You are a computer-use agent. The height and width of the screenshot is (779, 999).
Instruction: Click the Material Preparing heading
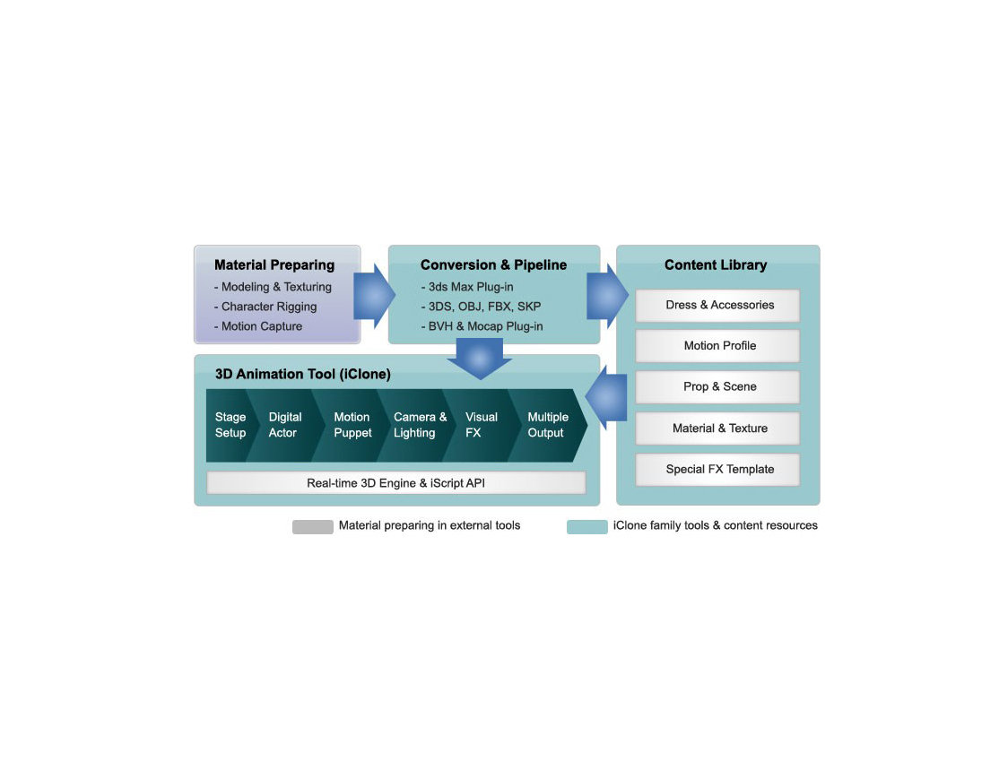pyautogui.click(x=274, y=265)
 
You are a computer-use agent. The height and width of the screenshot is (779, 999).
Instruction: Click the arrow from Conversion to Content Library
pyautogui.click(x=607, y=296)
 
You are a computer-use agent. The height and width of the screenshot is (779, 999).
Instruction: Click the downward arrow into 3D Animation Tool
pyautogui.click(x=479, y=359)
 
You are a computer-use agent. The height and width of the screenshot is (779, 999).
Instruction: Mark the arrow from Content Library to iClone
pyautogui.click(x=607, y=398)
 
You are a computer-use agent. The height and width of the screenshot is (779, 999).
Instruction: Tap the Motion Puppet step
pyautogui.click(x=352, y=425)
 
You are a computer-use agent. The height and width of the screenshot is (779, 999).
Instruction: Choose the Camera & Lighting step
pyautogui.click(x=419, y=425)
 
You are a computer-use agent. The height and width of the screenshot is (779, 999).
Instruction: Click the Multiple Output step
pyautogui.click(x=547, y=425)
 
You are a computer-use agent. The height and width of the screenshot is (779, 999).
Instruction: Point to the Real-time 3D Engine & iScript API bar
pyautogui.click(x=396, y=483)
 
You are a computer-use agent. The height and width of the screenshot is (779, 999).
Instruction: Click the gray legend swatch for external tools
pyautogui.click(x=312, y=526)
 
